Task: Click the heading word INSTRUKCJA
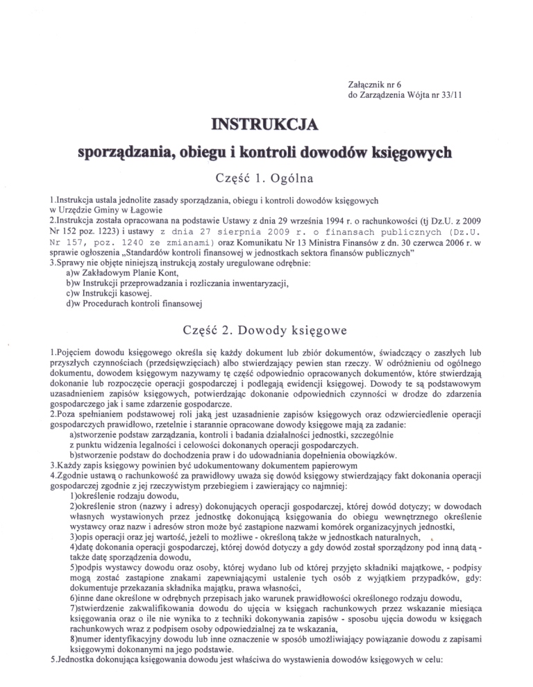[x=266, y=125]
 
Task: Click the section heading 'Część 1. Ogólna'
[x=267, y=176]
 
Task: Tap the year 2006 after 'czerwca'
[x=476, y=245]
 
